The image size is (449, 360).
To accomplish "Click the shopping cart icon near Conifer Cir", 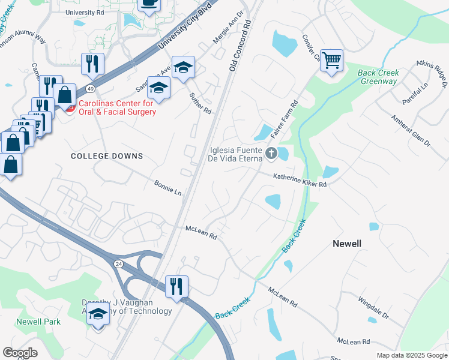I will [331, 61].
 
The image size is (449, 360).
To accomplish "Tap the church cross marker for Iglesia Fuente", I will [271, 154].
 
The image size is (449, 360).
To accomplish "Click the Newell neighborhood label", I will [347, 244].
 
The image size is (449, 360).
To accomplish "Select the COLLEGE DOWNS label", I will [107, 156].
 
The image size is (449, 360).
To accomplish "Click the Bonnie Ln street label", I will [167, 188].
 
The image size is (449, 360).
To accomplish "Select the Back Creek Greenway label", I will [378, 77].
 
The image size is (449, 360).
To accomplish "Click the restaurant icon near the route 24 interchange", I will [176, 286].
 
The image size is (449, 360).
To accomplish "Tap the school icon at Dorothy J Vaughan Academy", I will [98, 314].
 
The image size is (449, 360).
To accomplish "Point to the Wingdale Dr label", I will [374, 307].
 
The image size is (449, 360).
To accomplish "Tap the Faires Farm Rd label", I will [286, 118].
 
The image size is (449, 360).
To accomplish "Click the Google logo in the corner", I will [20, 353].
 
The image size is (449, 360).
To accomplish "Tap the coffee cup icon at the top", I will [149, 4].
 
